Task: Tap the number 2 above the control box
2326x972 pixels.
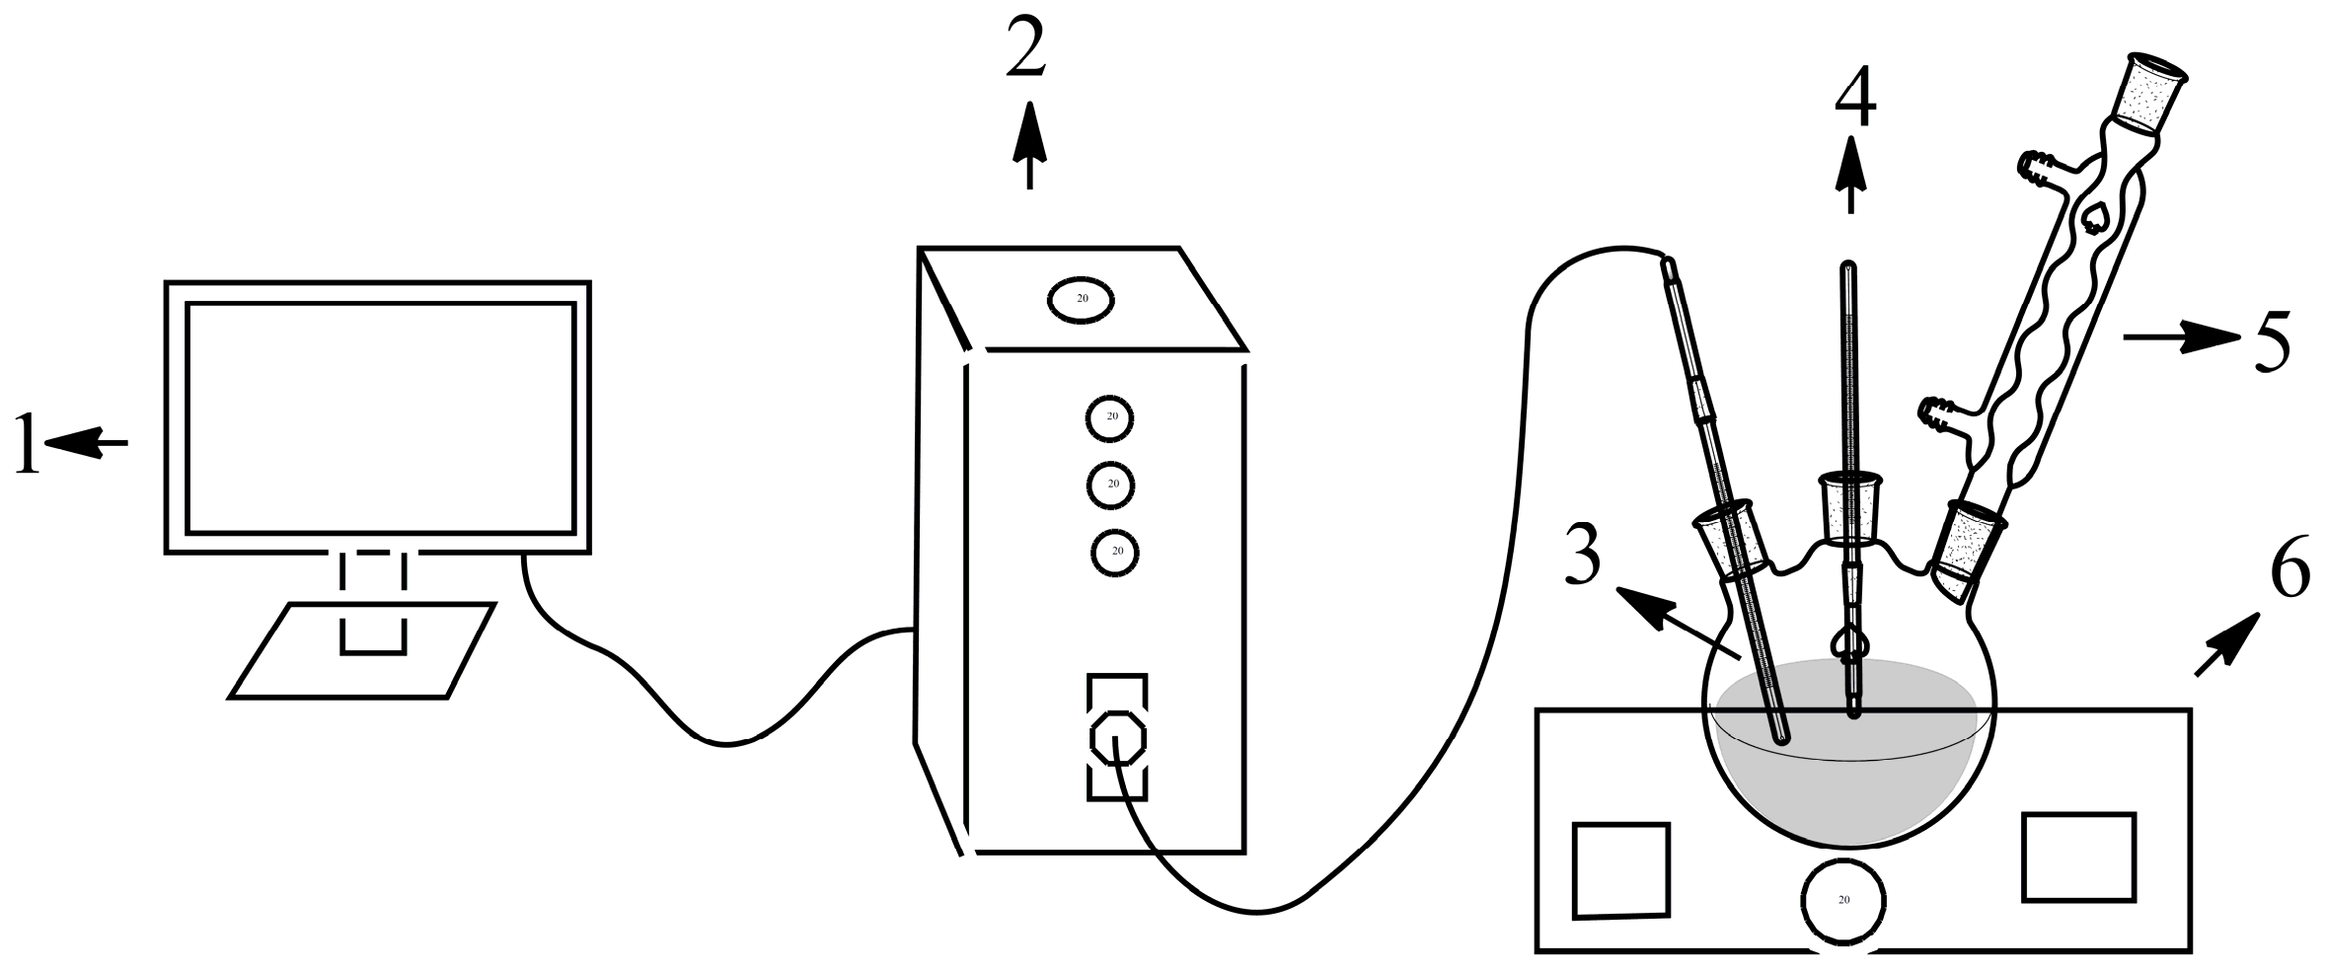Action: point(1026,52)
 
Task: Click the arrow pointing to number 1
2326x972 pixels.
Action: point(88,443)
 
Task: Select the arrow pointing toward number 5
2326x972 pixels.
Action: point(2181,338)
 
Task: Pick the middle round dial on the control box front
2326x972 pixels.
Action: point(1111,485)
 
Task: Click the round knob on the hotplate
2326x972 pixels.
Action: point(1843,900)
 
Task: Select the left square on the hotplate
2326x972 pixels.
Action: point(1620,870)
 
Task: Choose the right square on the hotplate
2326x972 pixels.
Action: point(2078,857)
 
